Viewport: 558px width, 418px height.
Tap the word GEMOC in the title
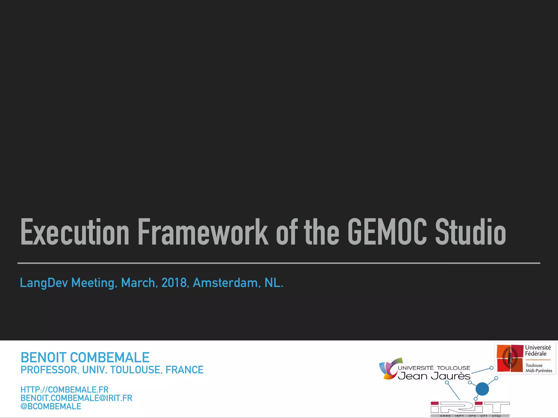pyautogui.click(x=387, y=232)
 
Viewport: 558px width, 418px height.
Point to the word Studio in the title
pyautogui.click(x=471, y=232)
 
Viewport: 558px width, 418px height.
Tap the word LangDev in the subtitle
pyautogui.click(x=44, y=283)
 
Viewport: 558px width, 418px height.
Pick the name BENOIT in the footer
pyautogui.click(x=44, y=358)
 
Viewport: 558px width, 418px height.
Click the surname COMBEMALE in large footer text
pyautogui.click(x=110, y=358)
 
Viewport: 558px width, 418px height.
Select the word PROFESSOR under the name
pyautogui.click(x=50, y=370)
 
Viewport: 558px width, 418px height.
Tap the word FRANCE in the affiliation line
pyautogui.click(x=184, y=370)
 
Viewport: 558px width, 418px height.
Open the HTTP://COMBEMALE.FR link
pyautogui.click(x=65, y=390)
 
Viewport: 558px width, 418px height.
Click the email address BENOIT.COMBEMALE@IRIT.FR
pyautogui.click(x=76, y=398)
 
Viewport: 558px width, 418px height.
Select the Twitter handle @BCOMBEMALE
pyautogui.click(x=51, y=407)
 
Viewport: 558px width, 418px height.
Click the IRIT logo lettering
pyautogui.click(x=470, y=407)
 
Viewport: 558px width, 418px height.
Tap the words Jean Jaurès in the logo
pyautogui.click(x=434, y=376)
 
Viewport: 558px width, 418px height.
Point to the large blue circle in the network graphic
pyautogui.click(x=482, y=389)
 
